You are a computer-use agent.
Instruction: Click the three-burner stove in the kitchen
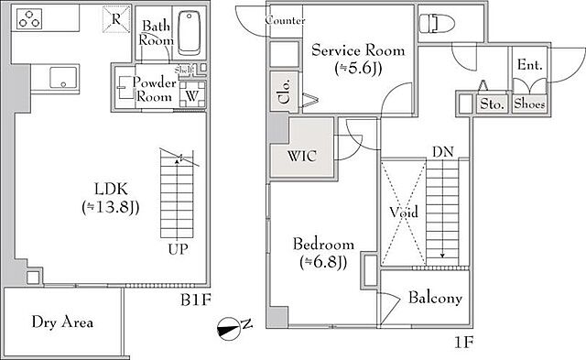[x=29, y=18]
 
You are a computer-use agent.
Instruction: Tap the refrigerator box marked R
[x=116, y=18]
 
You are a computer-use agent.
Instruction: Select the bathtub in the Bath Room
[x=190, y=33]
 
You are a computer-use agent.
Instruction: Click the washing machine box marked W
[x=192, y=93]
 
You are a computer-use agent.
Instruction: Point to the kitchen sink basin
[x=63, y=78]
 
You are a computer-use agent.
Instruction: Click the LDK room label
[x=111, y=189]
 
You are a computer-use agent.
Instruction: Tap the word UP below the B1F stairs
[x=178, y=249]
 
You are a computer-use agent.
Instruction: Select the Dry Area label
[x=62, y=322]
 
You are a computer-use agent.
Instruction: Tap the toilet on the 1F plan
[x=436, y=24]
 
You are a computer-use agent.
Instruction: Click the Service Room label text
[x=358, y=50]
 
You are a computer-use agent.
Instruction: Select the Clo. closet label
[x=285, y=92]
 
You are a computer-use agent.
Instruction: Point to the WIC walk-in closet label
[x=302, y=156]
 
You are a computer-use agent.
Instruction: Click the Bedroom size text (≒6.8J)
[x=323, y=262]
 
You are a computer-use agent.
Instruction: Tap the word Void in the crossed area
[x=404, y=212]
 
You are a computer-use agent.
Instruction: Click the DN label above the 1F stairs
[x=443, y=152]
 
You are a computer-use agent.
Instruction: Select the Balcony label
[x=435, y=298]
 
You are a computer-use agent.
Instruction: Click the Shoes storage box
[x=529, y=104]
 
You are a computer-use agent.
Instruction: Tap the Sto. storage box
[x=492, y=104]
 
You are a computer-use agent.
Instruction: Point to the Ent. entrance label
[x=530, y=65]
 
